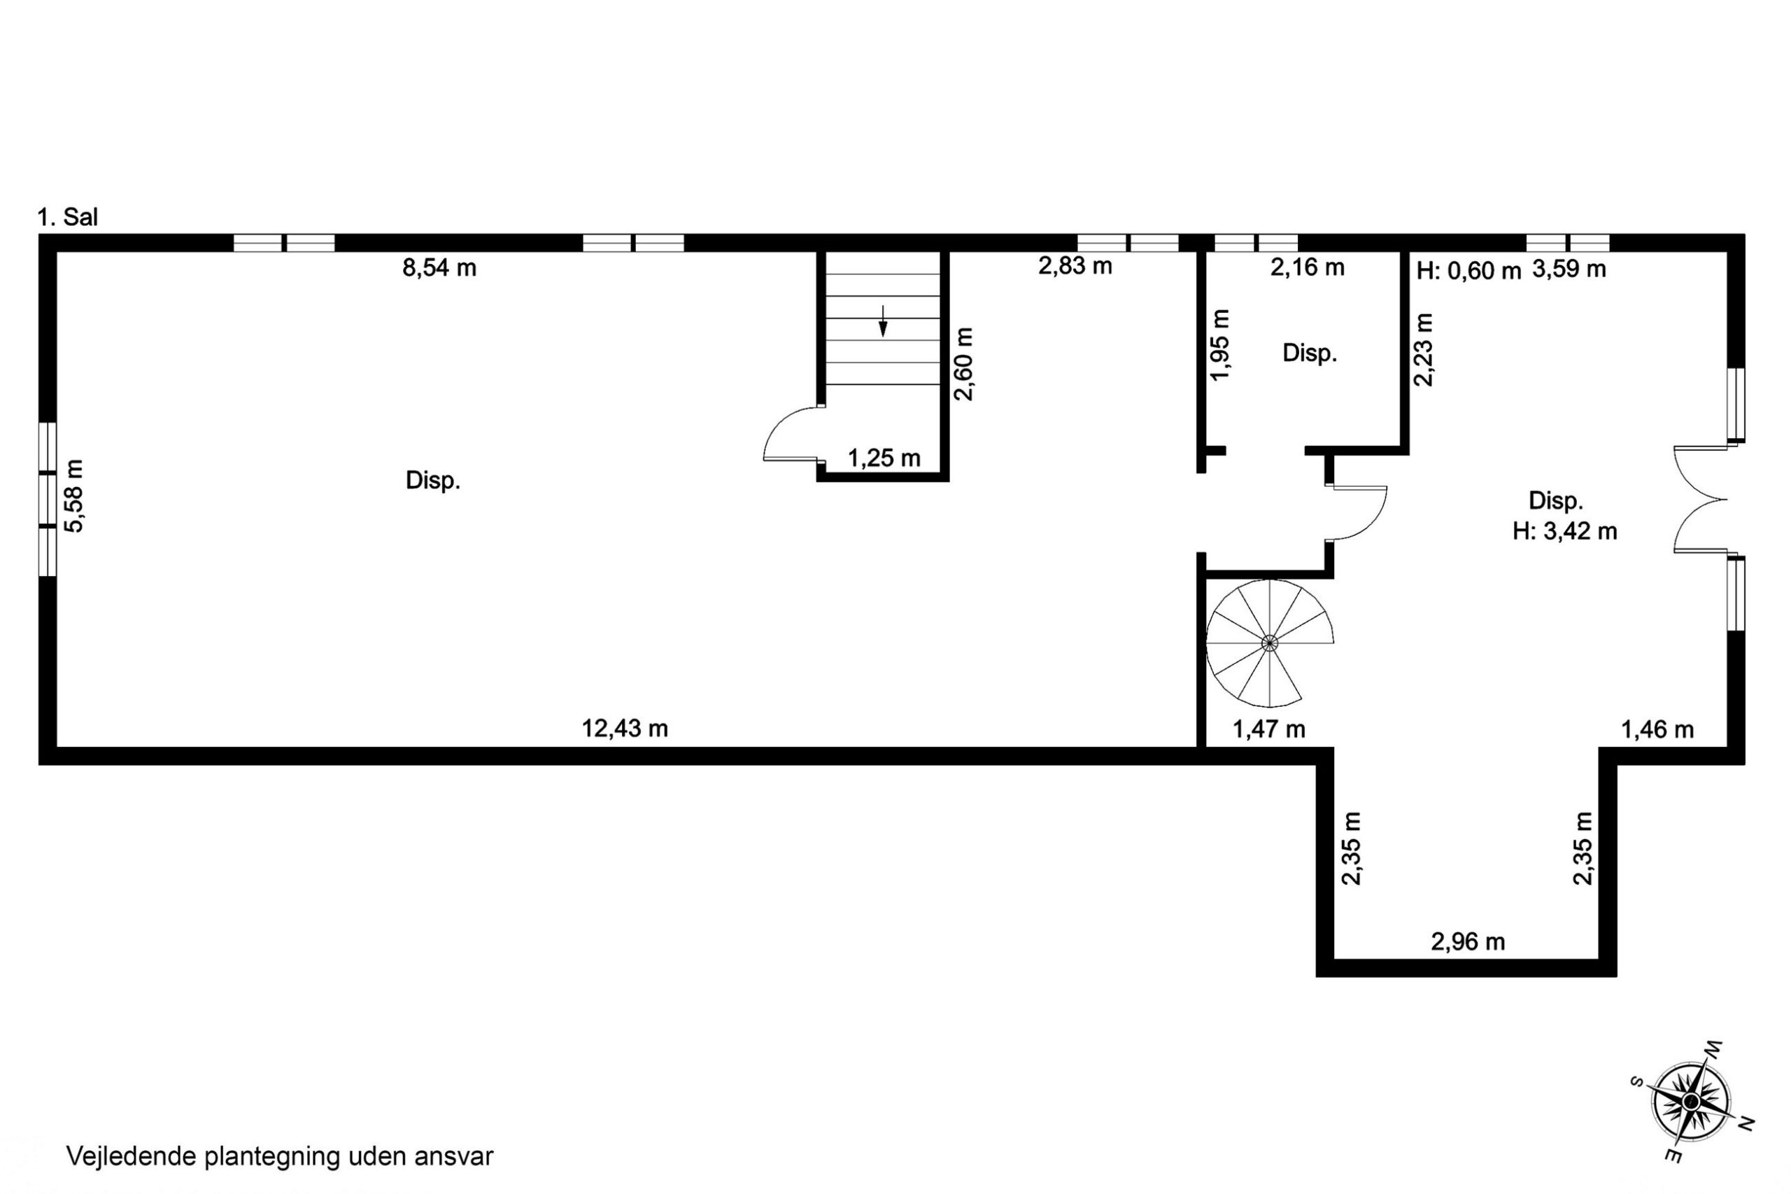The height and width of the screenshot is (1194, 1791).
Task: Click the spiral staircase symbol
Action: point(1270,643)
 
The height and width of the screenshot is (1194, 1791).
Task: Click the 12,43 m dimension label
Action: point(625,729)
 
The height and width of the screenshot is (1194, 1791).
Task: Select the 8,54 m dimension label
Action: point(439,268)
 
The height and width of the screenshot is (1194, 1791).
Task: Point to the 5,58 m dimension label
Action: point(75,496)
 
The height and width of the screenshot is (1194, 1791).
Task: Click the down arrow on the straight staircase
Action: point(883,321)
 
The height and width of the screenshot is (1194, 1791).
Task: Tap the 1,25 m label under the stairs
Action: point(884,458)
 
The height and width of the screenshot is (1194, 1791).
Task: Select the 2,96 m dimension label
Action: point(1468,942)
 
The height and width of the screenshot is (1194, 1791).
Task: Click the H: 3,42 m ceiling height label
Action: point(1564,531)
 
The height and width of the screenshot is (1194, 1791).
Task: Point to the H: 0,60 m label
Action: point(1468,269)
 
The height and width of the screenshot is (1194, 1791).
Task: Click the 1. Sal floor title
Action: point(68,217)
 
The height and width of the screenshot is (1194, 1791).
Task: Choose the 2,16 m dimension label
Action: point(1307,267)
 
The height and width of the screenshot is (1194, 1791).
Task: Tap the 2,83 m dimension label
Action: point(1075,266)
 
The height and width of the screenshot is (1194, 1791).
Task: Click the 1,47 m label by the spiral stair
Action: point(1269,729)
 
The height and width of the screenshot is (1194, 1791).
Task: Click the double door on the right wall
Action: point(1701,500)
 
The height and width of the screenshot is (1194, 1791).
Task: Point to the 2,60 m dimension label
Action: point(963,364)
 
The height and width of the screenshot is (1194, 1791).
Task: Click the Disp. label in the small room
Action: point(1310,353)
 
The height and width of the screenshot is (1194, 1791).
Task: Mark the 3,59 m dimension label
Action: point(1569,269)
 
